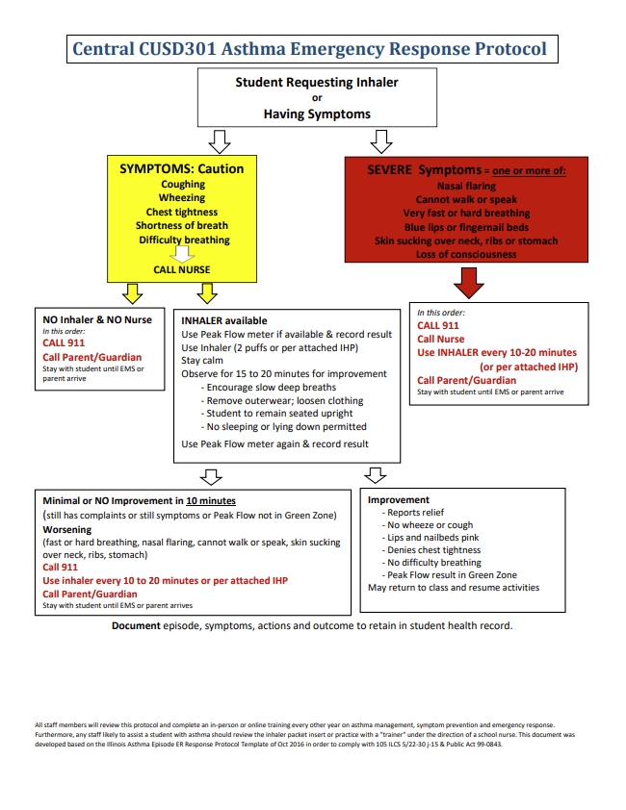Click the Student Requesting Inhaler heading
pos(317,83)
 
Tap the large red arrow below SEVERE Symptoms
pos(469,283)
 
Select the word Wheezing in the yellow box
pos(182,198)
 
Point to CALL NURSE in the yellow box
pos(182,270)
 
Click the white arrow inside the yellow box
pos(182,254)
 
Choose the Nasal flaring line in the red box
pos(466,186)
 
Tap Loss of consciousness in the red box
pos(466,255)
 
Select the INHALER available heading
pos(224,320)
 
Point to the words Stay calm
pos(202,361)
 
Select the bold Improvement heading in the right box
pos(399,500)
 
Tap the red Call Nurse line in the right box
pos(440,340)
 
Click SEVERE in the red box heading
pos(390,170)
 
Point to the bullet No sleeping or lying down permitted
pos(284,426)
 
